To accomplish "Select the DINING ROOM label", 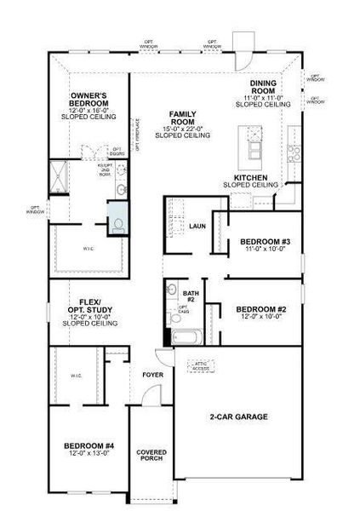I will tap(263, 88).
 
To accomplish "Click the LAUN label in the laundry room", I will tap(198, 227).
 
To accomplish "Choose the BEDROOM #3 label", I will tap(260, 241).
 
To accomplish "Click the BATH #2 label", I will tap(191, 296).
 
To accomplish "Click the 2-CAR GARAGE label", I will tap(239, 417).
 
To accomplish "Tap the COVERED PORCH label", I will tap(151, 456).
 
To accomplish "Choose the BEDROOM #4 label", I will tap(89, 445).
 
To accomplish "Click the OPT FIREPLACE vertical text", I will tap(136, 135).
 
